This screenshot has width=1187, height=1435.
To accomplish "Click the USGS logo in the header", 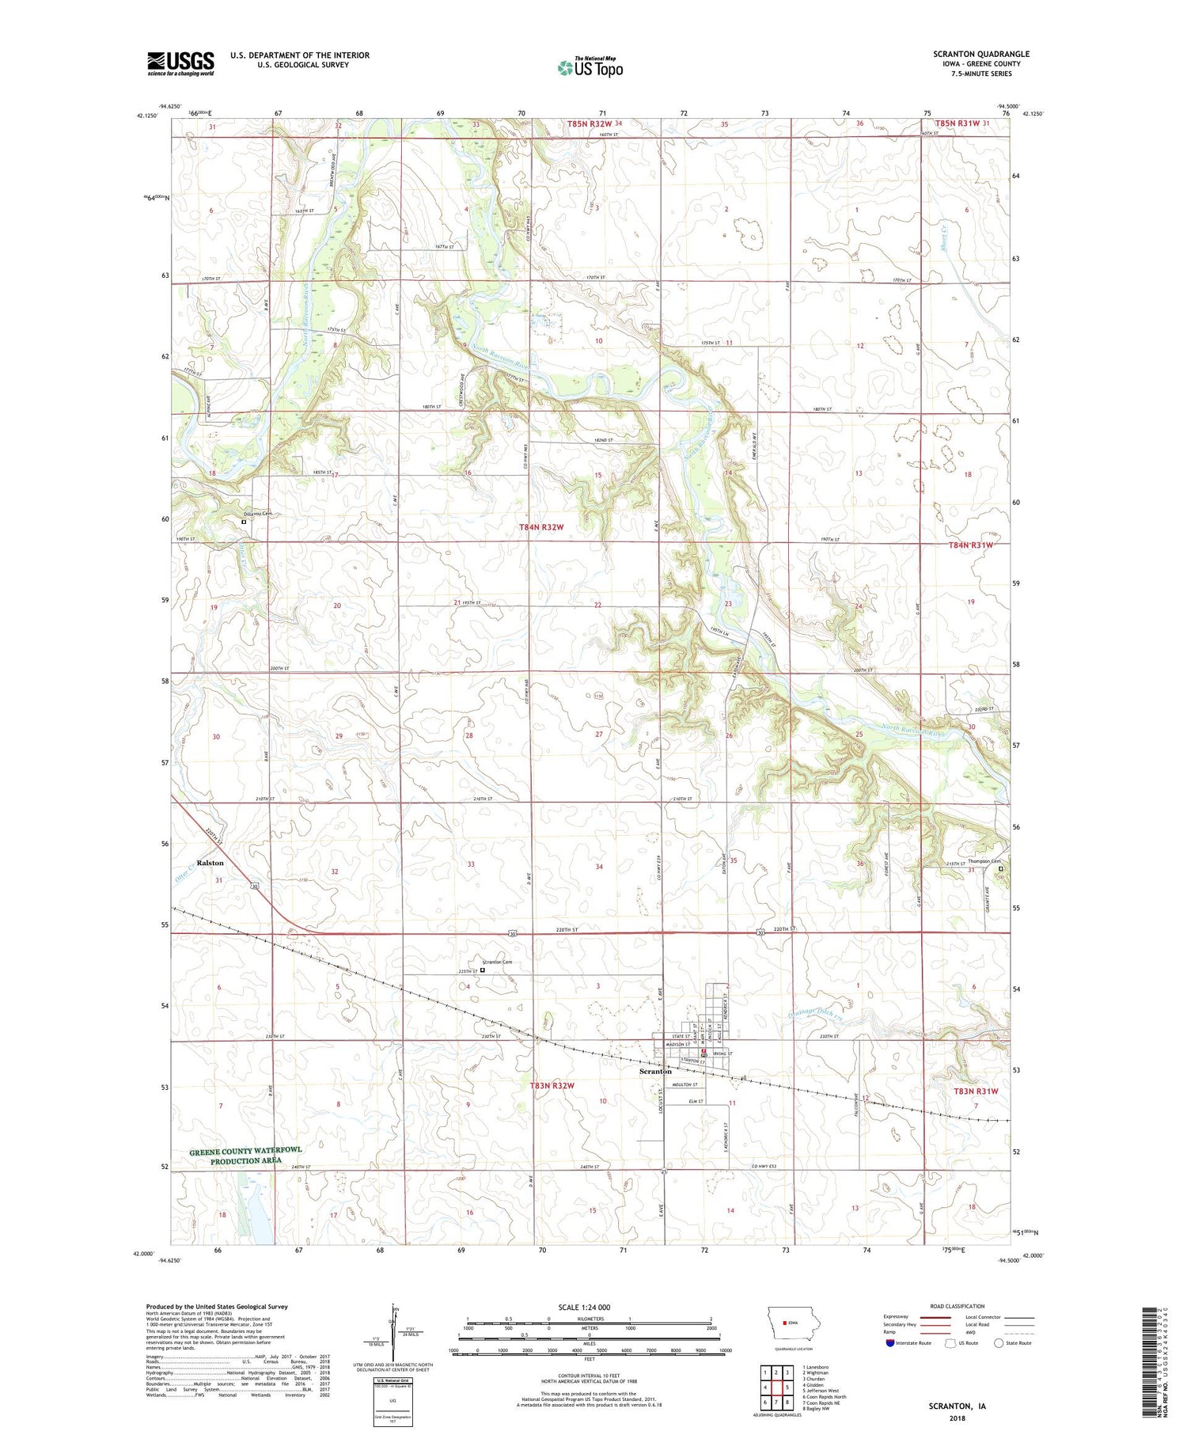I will tap(180, 63).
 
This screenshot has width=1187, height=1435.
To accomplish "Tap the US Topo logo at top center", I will tap(590, 67).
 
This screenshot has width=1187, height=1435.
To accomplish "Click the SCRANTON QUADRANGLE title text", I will tap(981, 54).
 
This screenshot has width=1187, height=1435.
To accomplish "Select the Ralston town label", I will tap(210, 863).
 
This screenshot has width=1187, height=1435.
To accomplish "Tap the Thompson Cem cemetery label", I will tap(984, 861).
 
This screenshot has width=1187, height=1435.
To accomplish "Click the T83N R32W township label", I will tap(552, 1086).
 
